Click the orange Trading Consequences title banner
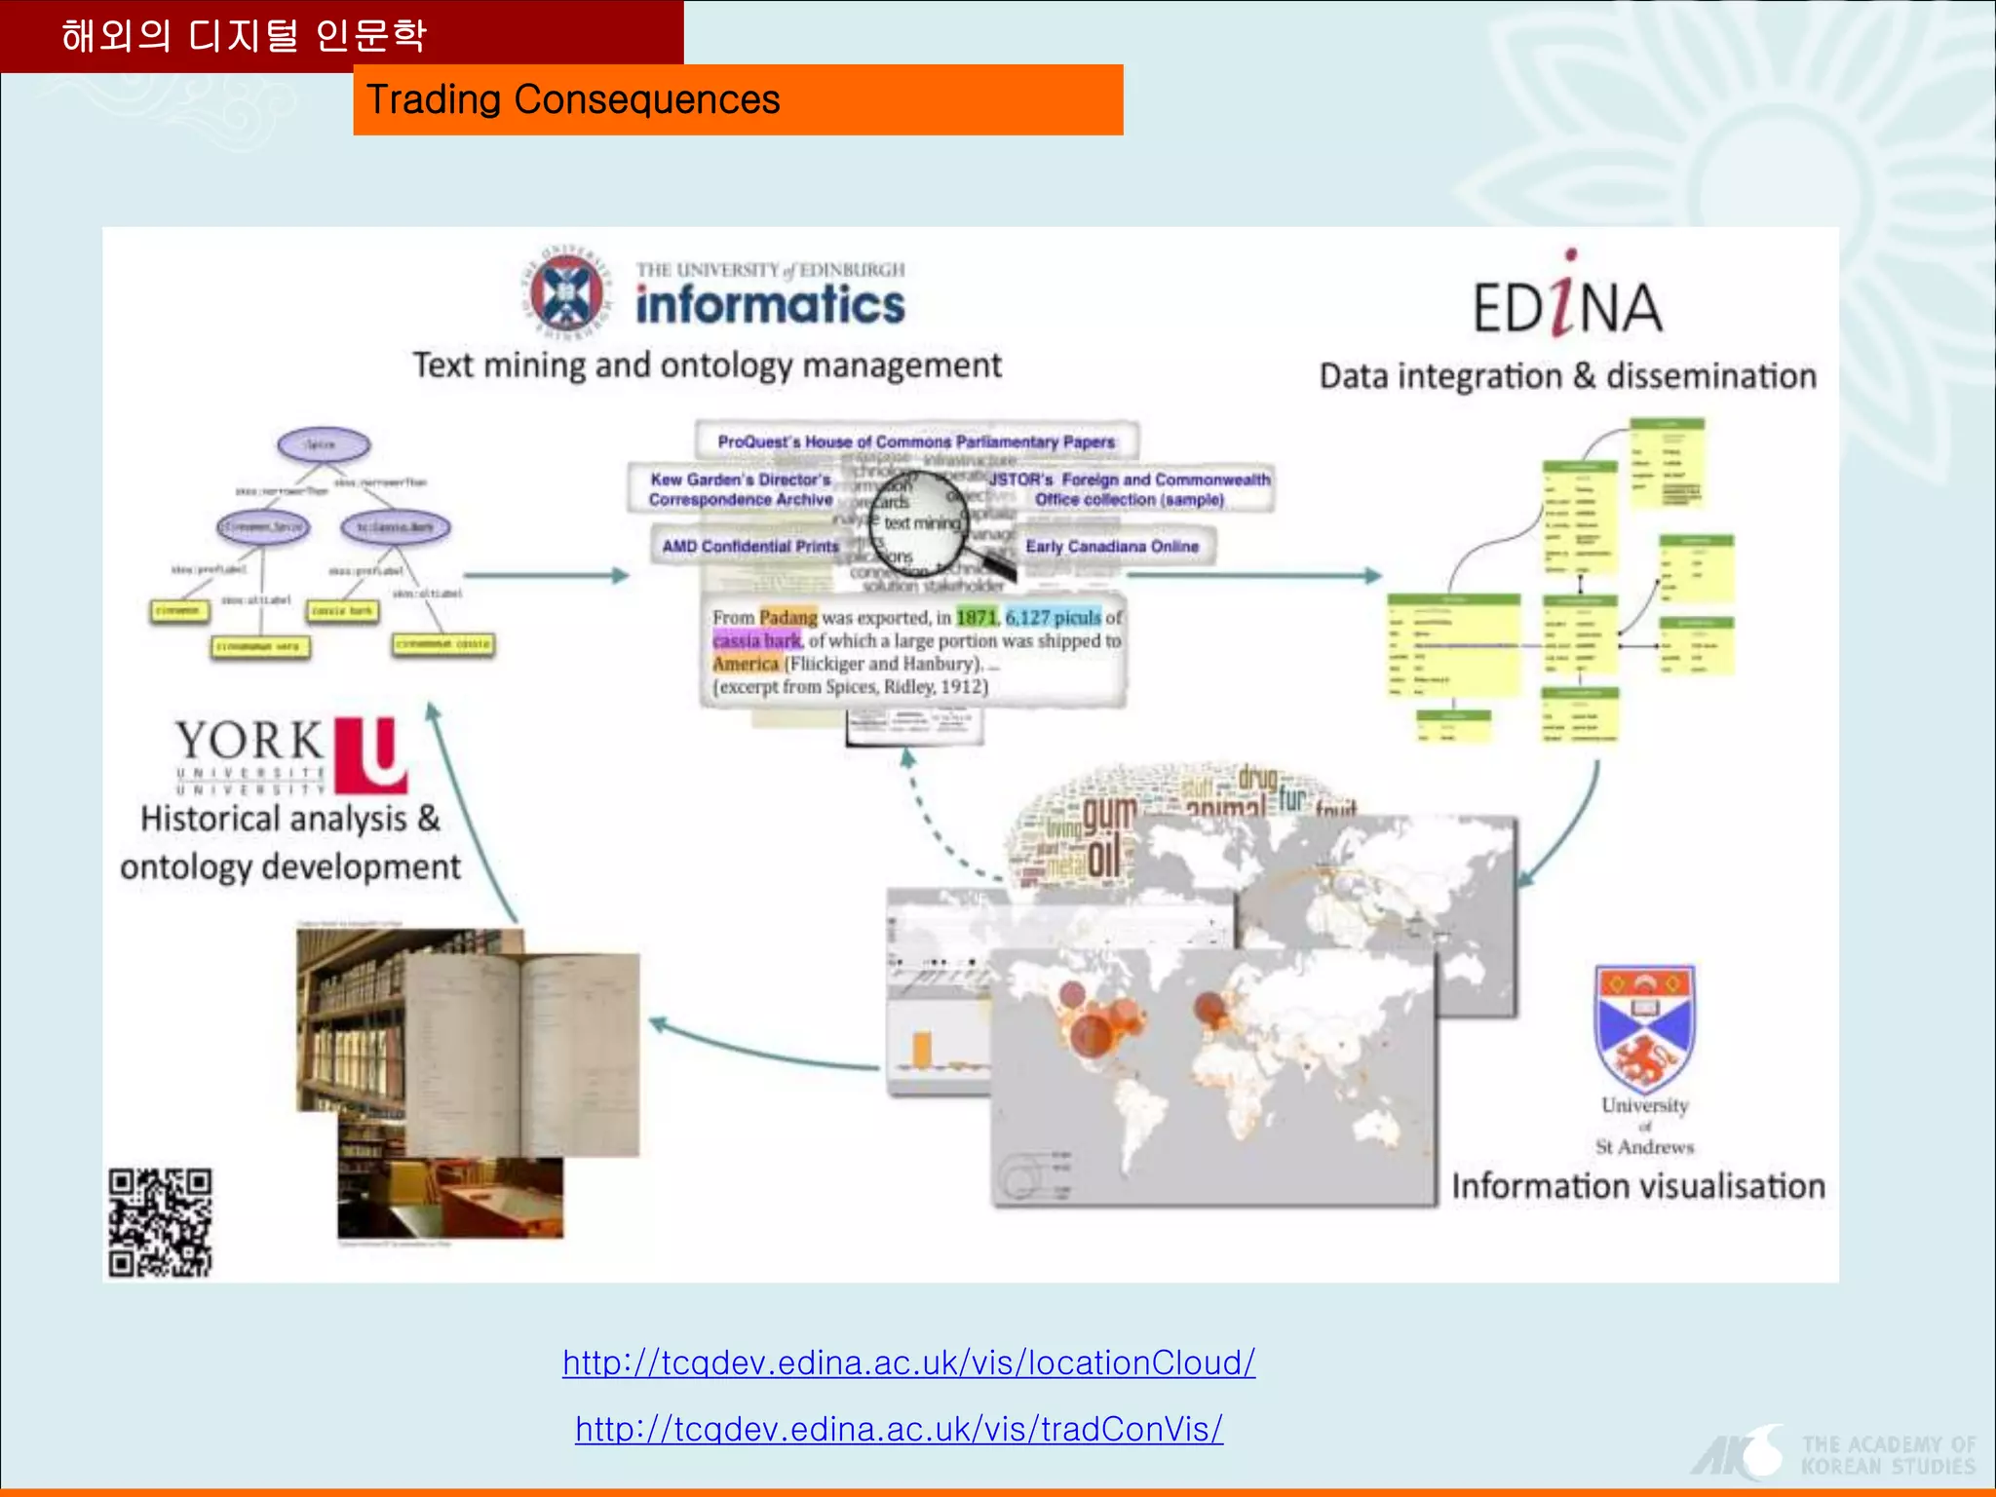[738, 99]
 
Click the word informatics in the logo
[770, 304]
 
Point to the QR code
[160, 1222]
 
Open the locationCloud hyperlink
[908, 1363]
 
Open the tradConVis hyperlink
[899, 1429]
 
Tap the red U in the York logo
[370, 753]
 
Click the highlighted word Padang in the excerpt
[788, 618]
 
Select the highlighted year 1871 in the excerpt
[976, 618]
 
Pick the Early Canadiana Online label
[1112, 547]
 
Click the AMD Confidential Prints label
[749, 547]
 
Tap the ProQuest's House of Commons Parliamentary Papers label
[916, 441]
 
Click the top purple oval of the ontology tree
[324, 445]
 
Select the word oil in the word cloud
[1104, 859]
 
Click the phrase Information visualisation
[1638, 1186]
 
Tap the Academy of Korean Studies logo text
[1888, 1455]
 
